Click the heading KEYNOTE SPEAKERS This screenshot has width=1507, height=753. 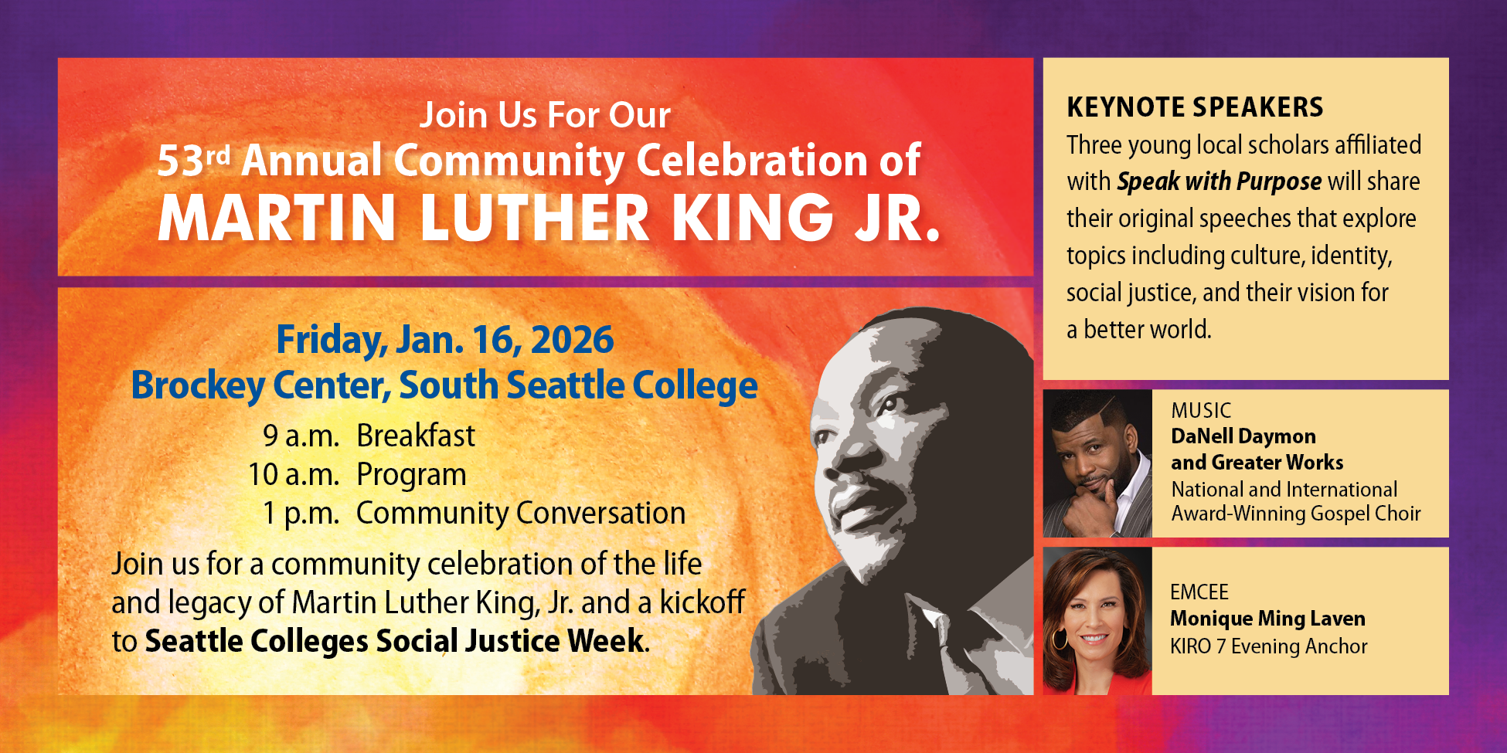(1195, 107)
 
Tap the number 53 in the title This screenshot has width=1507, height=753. (181, 161)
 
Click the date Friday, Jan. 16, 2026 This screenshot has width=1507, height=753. (445, 340)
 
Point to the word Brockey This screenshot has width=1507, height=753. (197, 385)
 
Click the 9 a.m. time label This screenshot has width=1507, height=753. (301, 436)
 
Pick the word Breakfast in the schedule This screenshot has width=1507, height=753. (416, 436)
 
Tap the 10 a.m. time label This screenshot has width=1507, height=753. (294, 475)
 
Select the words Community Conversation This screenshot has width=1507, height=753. (521, 514)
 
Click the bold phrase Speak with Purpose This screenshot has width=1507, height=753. (1219, 181)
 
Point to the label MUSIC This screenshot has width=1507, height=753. (1201, 410)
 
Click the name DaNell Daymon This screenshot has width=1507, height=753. (1243, 436)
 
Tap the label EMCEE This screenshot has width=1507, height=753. (1199, 592)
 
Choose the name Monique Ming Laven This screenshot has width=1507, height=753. (1267, 619)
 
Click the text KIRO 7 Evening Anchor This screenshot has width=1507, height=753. (1268, 646)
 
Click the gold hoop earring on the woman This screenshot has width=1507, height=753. (1060, 639)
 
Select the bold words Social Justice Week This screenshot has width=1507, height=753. (510, 641)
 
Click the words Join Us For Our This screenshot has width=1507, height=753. (545, 116)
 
